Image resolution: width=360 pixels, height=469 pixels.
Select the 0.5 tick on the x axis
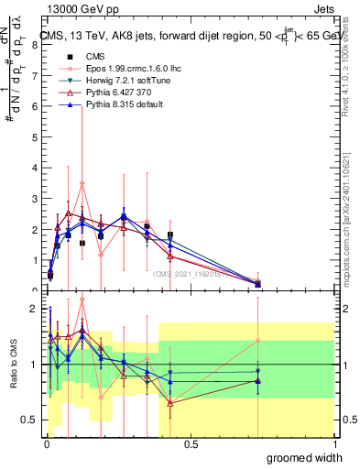191,444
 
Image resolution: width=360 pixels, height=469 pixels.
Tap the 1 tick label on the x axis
333,444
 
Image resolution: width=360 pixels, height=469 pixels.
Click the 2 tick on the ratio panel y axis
34,309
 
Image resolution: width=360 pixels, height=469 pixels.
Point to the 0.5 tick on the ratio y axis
31,420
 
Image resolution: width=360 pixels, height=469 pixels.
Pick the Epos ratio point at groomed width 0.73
257,341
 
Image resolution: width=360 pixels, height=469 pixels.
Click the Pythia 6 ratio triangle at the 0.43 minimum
170,402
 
